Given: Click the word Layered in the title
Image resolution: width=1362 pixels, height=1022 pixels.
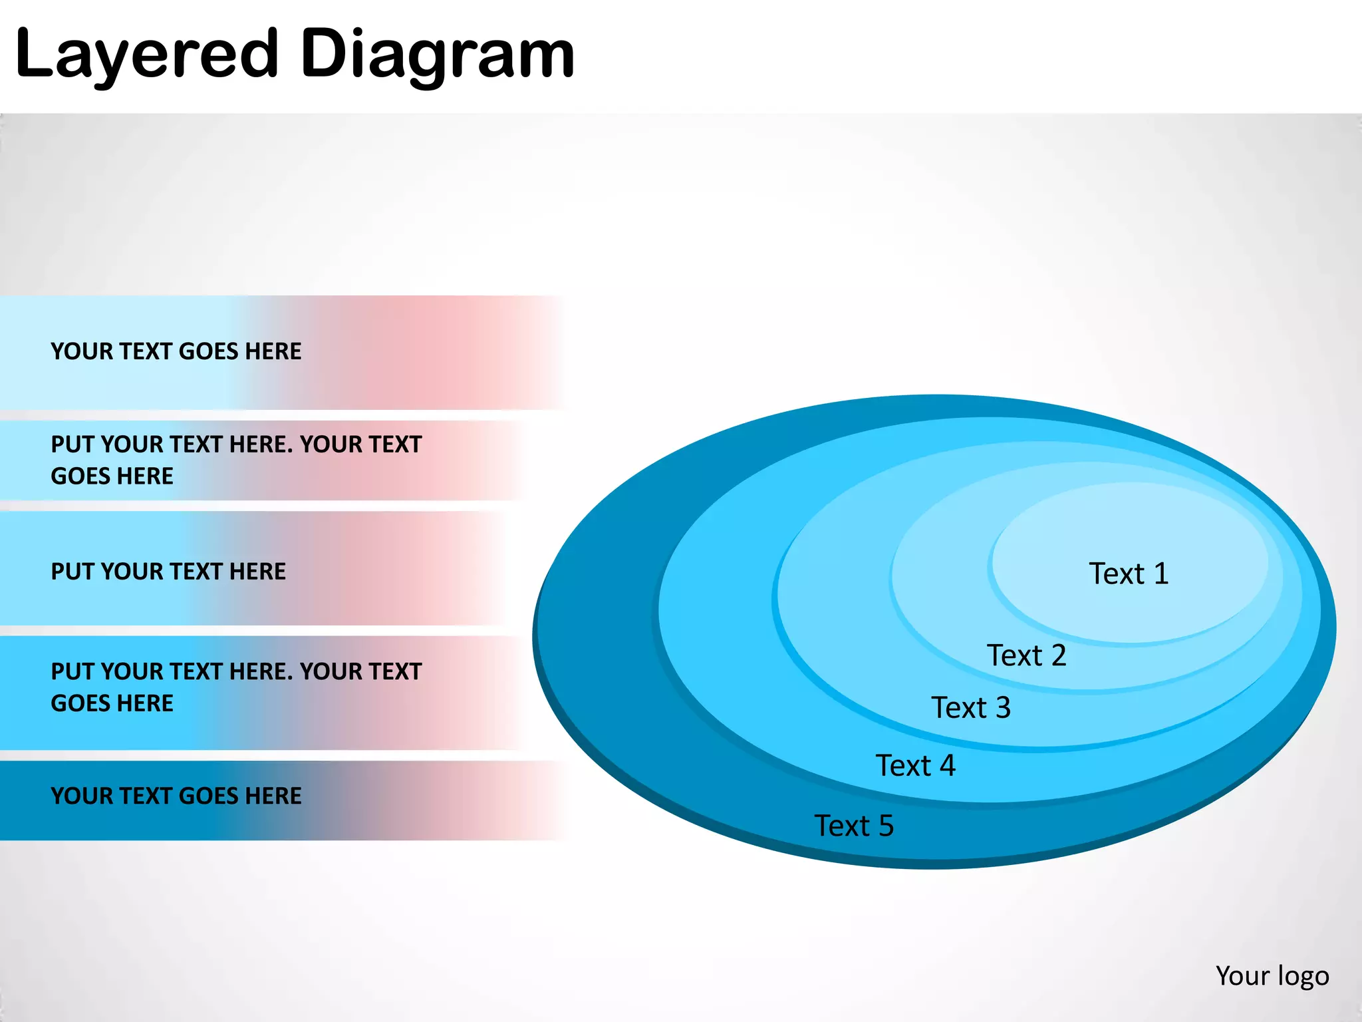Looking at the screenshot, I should [146, 55].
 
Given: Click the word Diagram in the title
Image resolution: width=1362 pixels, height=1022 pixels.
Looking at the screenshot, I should [437, 55].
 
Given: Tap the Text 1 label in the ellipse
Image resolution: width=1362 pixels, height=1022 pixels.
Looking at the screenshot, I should [1128, 574].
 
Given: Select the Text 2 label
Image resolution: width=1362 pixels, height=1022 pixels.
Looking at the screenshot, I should [1026, 655].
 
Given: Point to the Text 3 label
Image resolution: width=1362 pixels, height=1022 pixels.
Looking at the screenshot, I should [970, 707].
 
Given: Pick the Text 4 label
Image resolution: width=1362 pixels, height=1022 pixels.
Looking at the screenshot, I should [915, 765].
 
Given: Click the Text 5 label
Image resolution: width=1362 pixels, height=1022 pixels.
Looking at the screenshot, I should [854, 826].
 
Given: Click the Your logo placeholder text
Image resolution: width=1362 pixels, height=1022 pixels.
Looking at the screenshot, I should [1272, 976].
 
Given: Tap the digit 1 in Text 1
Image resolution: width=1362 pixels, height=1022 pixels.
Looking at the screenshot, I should [1161, 574].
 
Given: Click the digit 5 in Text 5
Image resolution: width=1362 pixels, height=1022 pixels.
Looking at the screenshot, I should [886, 826].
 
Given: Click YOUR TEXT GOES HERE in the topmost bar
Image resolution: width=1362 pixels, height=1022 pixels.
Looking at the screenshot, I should [176, 351].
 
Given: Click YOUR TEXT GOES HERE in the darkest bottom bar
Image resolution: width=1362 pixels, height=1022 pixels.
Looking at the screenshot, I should [176, 796].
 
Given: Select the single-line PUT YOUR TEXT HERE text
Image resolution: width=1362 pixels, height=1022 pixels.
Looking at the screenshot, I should [168, 572].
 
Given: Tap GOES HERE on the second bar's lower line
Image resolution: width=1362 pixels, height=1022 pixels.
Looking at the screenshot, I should [112, 476].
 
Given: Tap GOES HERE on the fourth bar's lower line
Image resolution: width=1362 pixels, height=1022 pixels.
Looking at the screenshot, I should [112, 703].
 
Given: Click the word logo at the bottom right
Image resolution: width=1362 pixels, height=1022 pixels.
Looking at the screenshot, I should [1303, 977].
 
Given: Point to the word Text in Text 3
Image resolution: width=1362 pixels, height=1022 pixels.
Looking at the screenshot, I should [958, 707].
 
